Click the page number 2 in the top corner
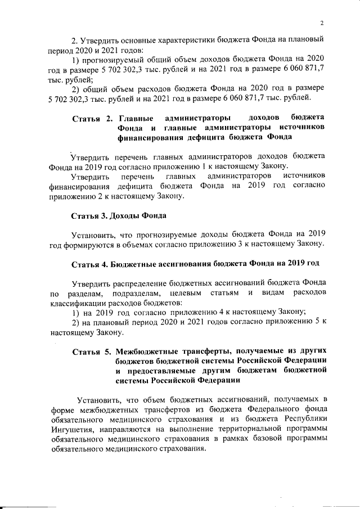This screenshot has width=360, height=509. click(321, 23)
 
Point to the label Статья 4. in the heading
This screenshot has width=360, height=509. click(90, 264)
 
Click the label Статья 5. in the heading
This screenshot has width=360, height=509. click(93, 353)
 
